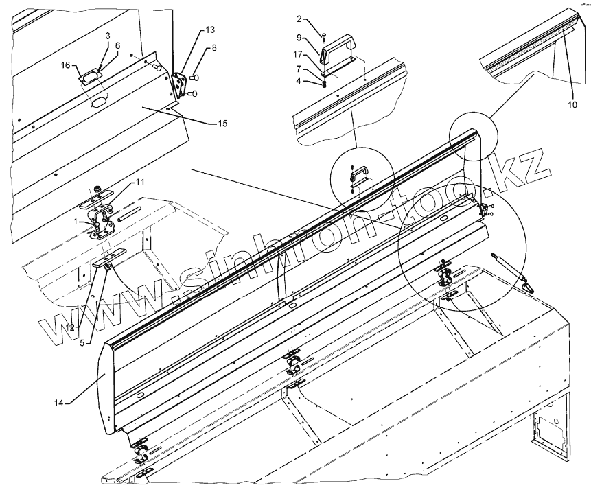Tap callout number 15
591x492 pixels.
tap(222, 124)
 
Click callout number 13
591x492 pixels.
tap(209, 30)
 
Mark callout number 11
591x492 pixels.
tap(139, 182)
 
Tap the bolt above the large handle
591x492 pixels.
tap(325, 29)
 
